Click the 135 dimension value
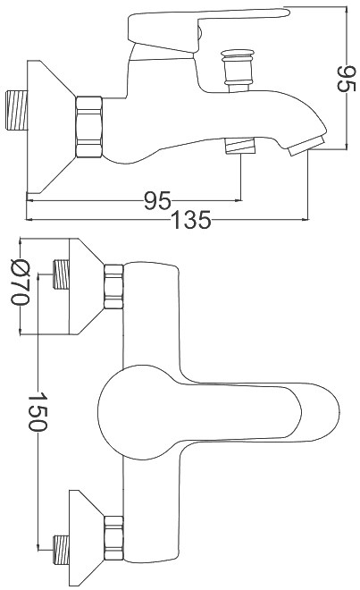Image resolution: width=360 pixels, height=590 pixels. tap(191, 220)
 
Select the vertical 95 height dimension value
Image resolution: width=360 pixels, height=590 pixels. tap(346, 79)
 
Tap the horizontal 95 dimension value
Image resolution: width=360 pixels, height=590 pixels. tap(157, 201)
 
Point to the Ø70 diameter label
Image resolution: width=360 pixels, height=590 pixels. tap(20, 282)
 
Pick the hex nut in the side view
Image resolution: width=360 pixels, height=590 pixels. tap(88, 127)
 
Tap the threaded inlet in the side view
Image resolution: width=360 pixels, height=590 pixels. tap(17, 111)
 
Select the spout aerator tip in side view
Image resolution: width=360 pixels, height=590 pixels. tap(306, 147)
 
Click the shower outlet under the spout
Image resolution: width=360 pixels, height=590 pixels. tap(240, 146)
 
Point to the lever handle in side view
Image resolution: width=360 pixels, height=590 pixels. tap(209, 29)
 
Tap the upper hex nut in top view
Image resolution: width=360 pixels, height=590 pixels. tap(113, 287)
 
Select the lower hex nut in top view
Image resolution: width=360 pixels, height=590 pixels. tap(113, 538)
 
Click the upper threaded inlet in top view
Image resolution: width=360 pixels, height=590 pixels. tap(61, 274)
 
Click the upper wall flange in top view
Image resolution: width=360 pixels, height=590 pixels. tap(86, 286)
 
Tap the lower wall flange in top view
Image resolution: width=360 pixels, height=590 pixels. tap(86, 538)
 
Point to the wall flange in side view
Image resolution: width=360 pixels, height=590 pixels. tap(51, 127)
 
